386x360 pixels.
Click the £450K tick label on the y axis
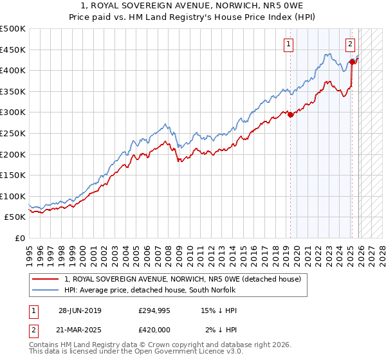coord(13,50)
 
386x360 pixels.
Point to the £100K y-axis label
coord(13,196)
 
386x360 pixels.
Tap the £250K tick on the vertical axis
coord(13,133)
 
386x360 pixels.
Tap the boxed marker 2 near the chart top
coord(349,44)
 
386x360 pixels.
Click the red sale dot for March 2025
coord(353,62)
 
